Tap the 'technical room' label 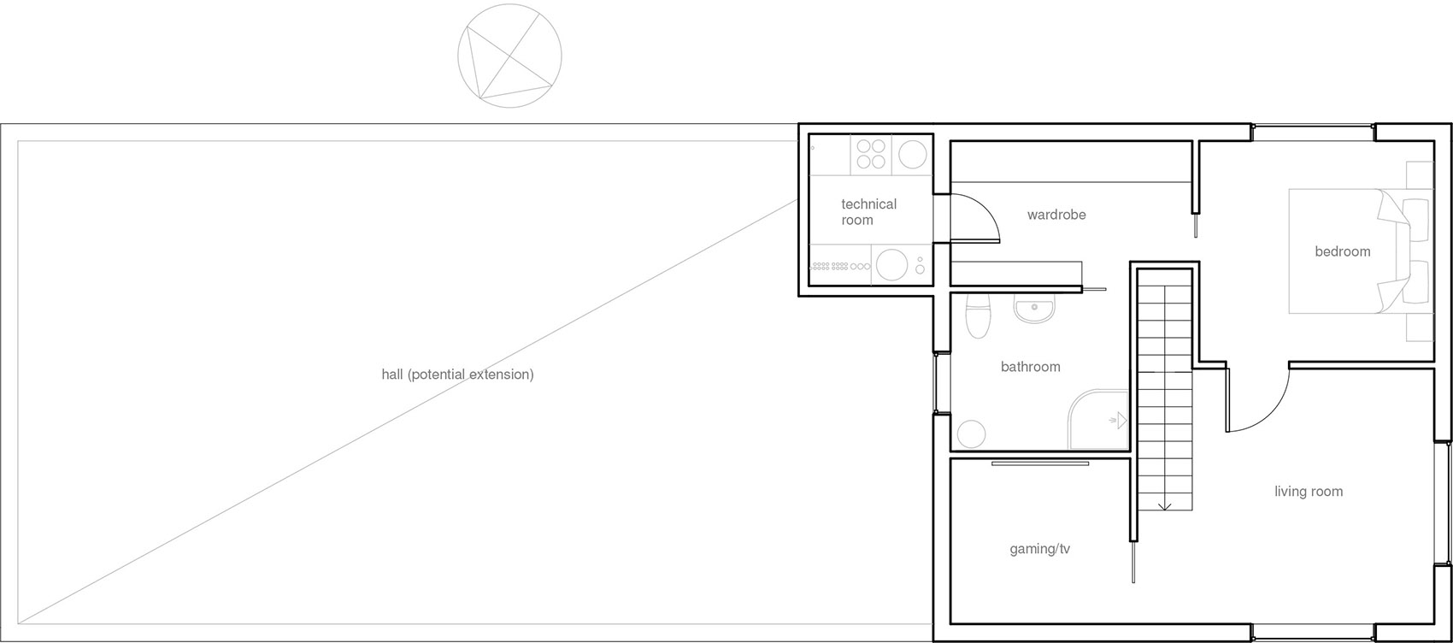pos(868,212)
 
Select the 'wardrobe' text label pos(1056,215)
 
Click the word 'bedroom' pos(1342,251)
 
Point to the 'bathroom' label pos(1030,367)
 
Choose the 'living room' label pos(1309,492)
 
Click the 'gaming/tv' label pos(1039,549)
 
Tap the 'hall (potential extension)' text pos(457,375)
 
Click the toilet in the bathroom pos(978,316)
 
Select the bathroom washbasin pos(1034,309)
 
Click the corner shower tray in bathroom pos(1099,419)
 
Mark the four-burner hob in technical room pos(870,155)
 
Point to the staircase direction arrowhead pos(1164,506)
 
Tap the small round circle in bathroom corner pos(971,434)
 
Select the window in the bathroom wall pos(935,383)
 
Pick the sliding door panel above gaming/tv pos(1040,463)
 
